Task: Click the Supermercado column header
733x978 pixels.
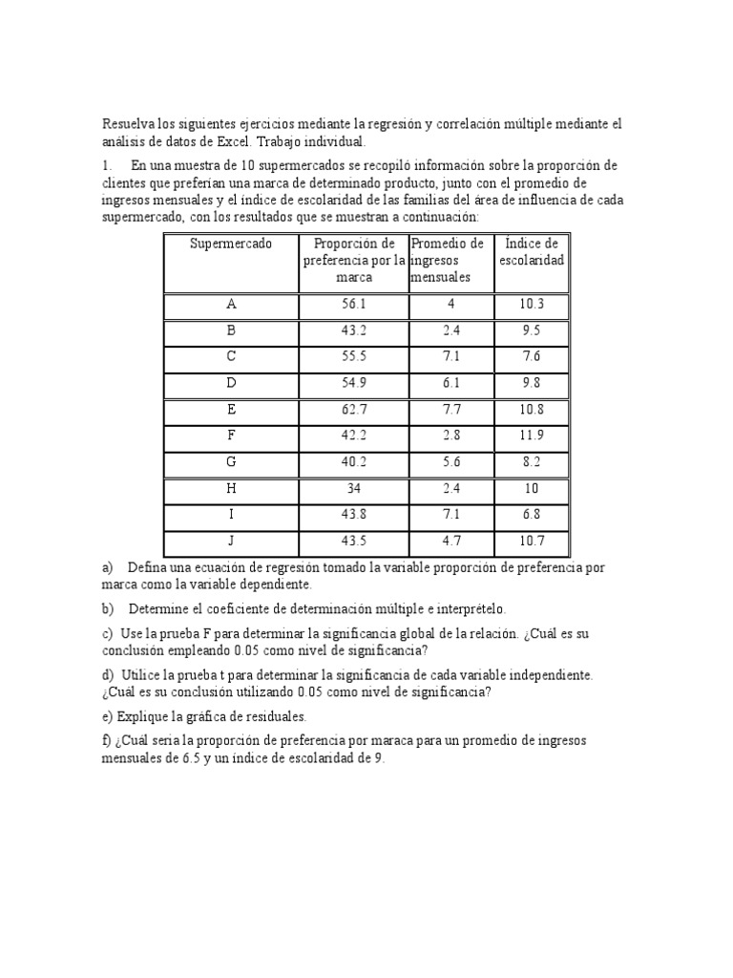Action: (x=231, y=244)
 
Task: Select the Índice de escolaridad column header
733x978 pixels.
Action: (x=532, y=251)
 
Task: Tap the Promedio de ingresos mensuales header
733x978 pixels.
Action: (x=448, y=260)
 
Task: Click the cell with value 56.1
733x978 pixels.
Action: (x=353, y=305)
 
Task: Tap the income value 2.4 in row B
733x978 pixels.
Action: (x=451, y=331)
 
